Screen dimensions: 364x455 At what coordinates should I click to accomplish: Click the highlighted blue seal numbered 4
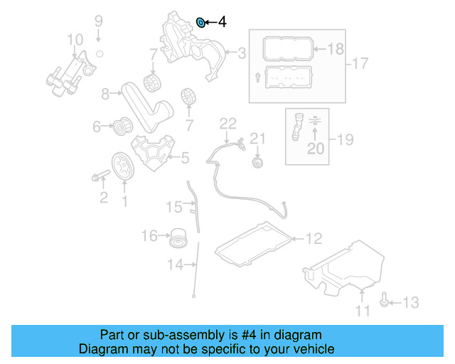click(200, 23)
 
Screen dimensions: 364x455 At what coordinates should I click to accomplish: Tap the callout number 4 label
click(222, 23)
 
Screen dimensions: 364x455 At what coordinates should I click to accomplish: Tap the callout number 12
click(314, 238)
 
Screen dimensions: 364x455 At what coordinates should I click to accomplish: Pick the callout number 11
click(363, 311)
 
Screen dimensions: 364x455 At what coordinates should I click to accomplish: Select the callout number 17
click(360, 64)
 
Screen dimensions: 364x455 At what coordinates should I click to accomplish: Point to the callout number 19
click(344, 139)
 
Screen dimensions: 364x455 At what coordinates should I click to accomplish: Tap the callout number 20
click(314, 149)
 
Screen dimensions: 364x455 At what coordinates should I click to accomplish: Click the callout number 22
click(227, 123)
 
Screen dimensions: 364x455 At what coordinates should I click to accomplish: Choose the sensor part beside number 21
click(257, 164)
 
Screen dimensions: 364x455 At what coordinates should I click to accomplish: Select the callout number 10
click(75, 38)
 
